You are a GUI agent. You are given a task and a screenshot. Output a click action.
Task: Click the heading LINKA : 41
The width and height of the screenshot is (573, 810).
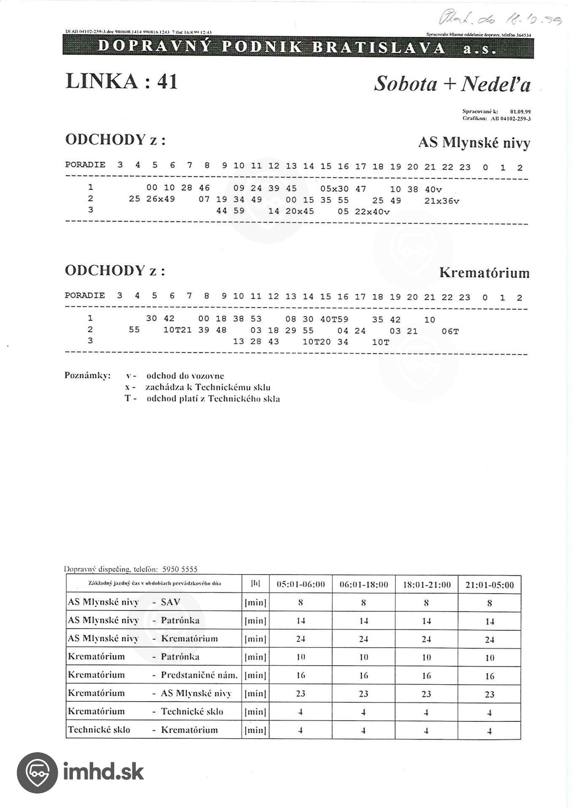coord(121,81)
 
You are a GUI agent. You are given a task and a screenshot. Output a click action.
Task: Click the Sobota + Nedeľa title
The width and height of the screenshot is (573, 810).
coord(452,84)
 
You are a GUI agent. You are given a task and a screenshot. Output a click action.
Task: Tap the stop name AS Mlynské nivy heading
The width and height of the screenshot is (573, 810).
coord(473,143)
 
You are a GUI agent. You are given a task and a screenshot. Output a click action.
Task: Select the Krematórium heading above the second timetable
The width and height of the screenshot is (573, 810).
coord(484,273)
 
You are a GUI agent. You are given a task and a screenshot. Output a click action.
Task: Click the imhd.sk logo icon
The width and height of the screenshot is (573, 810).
coord(37,772)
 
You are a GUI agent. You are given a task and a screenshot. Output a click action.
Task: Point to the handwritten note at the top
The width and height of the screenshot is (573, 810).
coord(500,18)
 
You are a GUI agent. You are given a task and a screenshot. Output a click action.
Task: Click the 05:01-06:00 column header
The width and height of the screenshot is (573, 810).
coord(300,584)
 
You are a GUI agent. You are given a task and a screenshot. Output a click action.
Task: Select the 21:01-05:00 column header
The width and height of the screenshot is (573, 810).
coord(489,584)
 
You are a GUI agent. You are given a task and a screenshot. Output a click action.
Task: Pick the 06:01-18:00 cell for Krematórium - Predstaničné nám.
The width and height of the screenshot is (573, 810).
coord(363,675)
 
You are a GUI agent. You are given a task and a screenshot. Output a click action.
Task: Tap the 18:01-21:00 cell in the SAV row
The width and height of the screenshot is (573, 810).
coord(426,603)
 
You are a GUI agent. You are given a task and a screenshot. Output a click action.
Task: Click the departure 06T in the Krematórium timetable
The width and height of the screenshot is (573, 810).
coord(450,331)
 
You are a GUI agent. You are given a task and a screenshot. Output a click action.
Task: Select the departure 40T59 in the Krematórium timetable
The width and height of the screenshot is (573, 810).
coord(334,319)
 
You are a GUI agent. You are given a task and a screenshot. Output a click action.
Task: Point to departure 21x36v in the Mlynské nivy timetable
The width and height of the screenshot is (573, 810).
coord(441,201)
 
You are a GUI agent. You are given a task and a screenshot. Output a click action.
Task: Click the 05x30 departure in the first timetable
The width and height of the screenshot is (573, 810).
coord(334,189)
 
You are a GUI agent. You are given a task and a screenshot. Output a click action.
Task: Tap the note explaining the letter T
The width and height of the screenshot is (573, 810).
coord(202,399)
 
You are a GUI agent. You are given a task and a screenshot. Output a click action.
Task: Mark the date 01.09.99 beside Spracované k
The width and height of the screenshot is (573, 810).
coord(520,111)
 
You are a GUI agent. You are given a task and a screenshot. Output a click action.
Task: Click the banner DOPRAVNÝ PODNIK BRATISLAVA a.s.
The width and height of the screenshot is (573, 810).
coord(298,47)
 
